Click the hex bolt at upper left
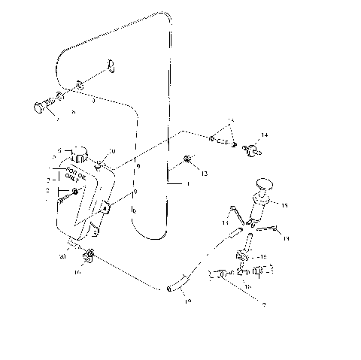41,106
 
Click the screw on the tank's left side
75,194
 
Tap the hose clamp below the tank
90,255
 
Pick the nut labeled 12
187,159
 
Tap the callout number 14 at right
263,135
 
